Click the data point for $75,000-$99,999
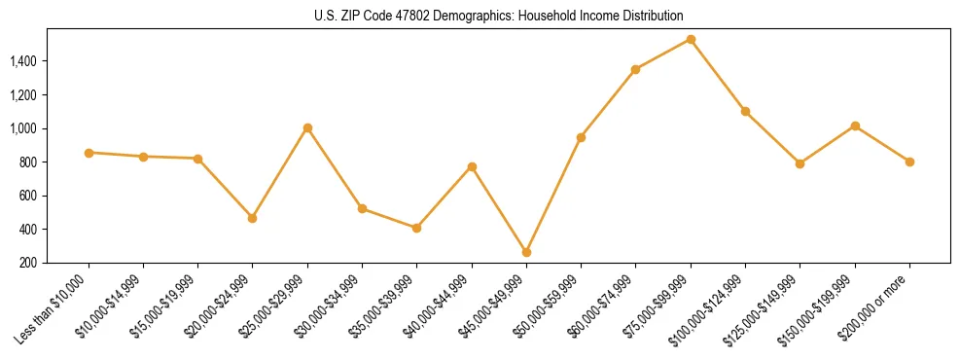pyautogui.click(x=691, y=39)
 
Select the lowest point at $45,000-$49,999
pyautogui.click(x=526, y=252)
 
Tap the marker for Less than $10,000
pyautogui.click(x=89, y=153)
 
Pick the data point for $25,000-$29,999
pyautogui.click(x=307, y=127)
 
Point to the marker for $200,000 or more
pyautogui.click(x=909, y=162)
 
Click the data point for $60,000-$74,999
pyautogui.click(x=635, y=69)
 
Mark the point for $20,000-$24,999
pyautogui.click(x=253, y=218)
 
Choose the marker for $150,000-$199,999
pyautogui.click(x=855, y=126)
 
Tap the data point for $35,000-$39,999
pyautogui.click(x=417, y=228)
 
